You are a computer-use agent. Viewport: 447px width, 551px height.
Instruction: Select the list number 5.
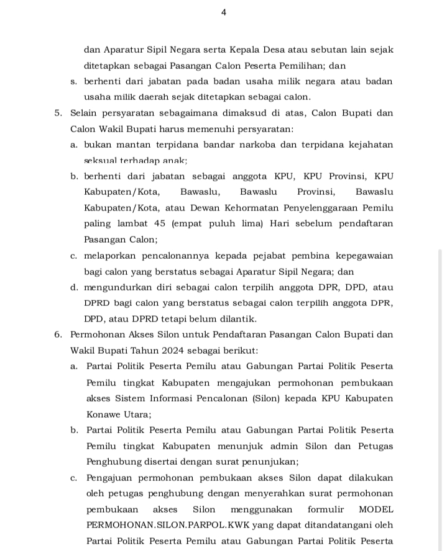point(58,114)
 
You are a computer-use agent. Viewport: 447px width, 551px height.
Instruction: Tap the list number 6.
point(58,334)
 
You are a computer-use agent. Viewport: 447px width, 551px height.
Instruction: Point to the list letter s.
point(73,81)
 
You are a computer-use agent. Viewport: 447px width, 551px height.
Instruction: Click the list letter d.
point(73,287)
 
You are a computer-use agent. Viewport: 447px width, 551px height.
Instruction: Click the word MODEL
point(377,509)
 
